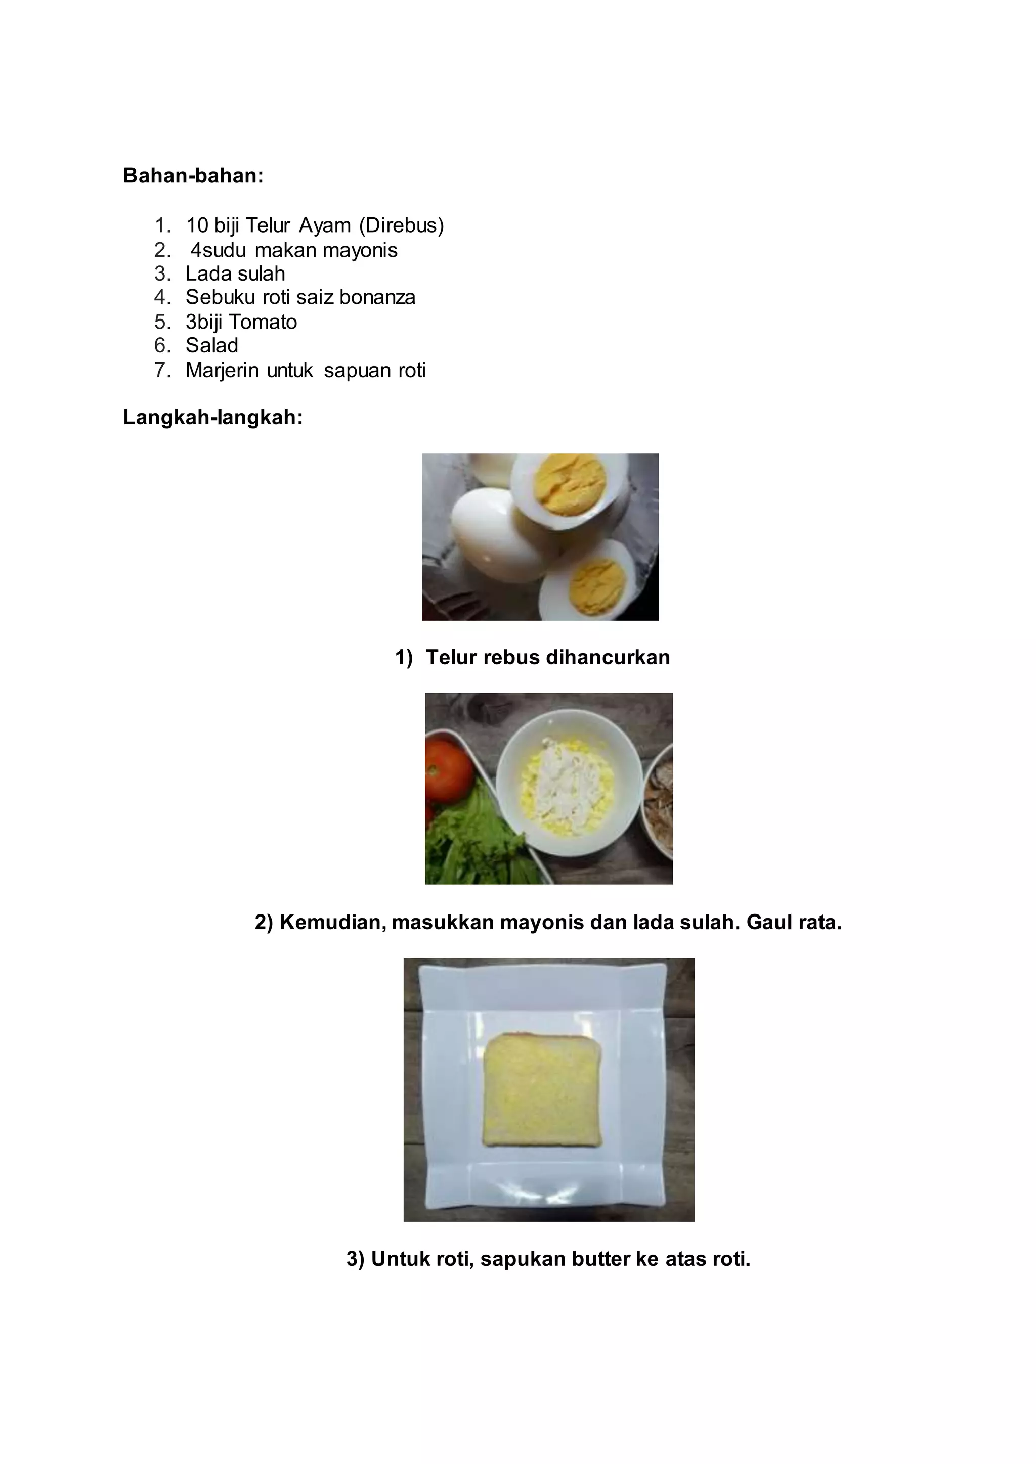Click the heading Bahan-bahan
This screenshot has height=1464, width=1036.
(x=193, y=175)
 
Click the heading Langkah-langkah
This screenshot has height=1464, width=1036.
(x=212, y=418)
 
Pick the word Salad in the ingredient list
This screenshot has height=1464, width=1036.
(x=212, y=346)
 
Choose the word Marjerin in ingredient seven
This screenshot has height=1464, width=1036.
(x=223, y=371)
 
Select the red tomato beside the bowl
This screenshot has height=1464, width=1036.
(x=451, y=770)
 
